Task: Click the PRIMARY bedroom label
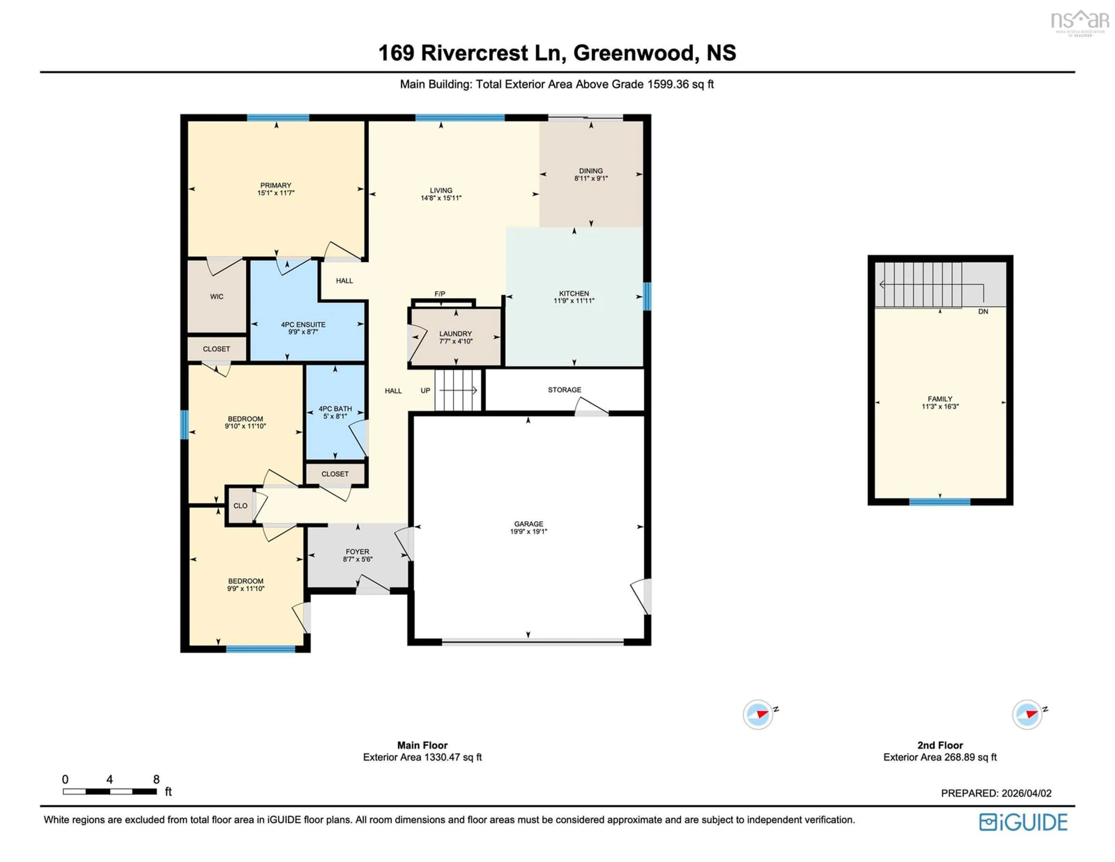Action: click(276, 185)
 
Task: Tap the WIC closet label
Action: click(216, 296)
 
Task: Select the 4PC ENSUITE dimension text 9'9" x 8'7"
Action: click(303, 332)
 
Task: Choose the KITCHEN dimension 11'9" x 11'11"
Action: click(574, 301)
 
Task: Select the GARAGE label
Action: click(528, 524)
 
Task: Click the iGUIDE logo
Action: click(1023, 822)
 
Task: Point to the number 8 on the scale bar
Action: click(156, 779)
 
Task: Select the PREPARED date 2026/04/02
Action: click(1026, 793)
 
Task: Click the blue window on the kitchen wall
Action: click(647, 296)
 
